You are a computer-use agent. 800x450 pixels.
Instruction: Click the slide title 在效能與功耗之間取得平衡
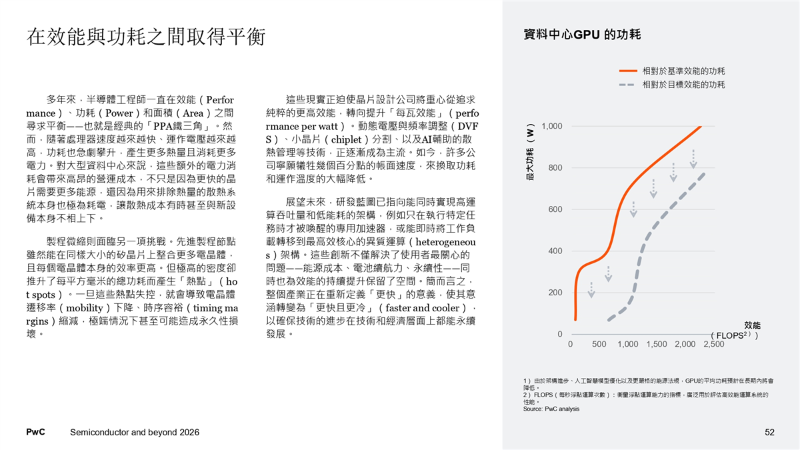coord(146,36)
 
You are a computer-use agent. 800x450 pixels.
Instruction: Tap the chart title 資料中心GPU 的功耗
coord(583,35)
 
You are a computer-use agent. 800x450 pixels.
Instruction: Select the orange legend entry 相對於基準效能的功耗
coord(683,70)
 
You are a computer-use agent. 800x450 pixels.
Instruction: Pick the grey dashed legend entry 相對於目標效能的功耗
coord(683,85)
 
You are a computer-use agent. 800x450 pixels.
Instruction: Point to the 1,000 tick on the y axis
coord(552,126)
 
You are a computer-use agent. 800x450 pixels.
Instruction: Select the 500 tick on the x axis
coord(599,344)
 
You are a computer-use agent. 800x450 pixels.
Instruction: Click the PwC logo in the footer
coord(35,433)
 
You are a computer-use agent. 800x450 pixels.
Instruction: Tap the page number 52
coord(770,433)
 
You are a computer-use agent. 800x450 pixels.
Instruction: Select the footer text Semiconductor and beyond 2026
coord(135,433)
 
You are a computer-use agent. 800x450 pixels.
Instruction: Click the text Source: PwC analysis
coord(551,409)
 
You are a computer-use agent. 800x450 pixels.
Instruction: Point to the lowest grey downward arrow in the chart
coord(592,289)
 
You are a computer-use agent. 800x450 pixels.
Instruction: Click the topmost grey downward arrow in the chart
coord(694,159)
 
